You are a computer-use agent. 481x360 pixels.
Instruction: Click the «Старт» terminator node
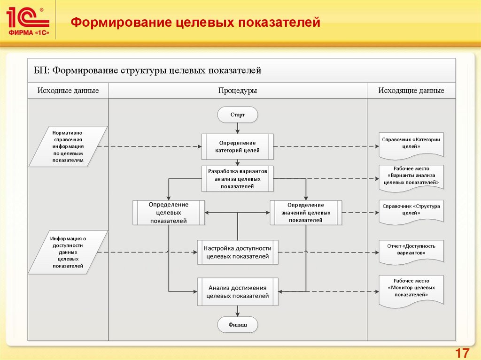tap(237, 114)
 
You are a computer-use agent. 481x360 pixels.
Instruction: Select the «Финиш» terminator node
tap(237, 324)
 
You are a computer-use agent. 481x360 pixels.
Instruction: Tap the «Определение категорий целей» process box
tap(237, 146)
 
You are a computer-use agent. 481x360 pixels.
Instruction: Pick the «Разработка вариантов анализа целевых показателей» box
tap(237, 178)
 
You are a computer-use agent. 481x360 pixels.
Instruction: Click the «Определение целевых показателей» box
tap(169, 213)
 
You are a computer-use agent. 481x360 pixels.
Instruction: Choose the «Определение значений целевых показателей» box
tap(305, 212)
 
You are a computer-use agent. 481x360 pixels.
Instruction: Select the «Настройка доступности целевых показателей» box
tap(237, 253)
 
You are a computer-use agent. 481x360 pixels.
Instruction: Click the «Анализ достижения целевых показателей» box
tap(237, 291)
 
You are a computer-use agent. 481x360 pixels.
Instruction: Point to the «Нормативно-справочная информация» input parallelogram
tap(68, 146)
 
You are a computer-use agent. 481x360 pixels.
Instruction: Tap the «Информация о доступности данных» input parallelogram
tap(68, 252)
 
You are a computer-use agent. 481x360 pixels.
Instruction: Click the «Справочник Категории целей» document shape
tap(411, 143)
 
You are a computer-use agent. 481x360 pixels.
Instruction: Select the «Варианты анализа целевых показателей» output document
tap(411, 176)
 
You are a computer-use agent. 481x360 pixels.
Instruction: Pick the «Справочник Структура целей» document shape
tap(411, 210)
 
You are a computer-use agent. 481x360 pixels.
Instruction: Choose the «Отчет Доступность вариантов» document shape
tap(411, 249)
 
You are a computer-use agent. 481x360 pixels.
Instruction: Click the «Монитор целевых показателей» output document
tap(411, 288)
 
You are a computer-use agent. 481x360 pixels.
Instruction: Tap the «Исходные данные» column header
tap(68, 91)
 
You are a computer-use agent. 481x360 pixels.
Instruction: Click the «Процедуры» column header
tap(237, 91)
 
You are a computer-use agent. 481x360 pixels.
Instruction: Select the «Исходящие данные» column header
tap(411, 91)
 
